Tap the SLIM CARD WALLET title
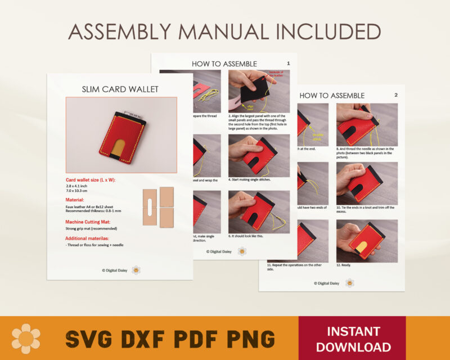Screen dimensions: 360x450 [x=120, y=89]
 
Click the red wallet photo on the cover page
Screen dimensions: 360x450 [x=121, y=134]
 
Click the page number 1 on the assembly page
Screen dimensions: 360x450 [x=289, y=64]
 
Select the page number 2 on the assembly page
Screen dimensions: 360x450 [x=395, y=95]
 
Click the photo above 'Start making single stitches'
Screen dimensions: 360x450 [x=259, y=155]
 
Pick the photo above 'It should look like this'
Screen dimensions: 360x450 [x=259, y=211]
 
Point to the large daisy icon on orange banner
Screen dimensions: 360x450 [x=26, y=338]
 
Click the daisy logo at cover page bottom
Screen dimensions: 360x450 [x=136, y=270]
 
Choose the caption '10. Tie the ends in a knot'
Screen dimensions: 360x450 [x=365, y=208]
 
